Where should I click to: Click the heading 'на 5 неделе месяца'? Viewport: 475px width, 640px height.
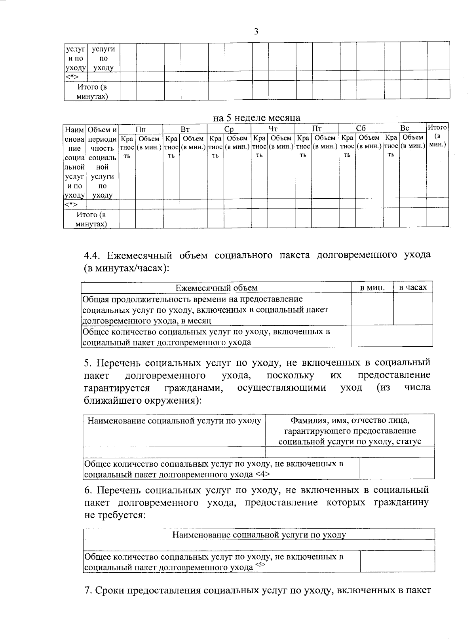point(256,118)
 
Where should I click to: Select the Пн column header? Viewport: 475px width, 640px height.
point(141,129)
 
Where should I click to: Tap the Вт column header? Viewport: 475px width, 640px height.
point(185,129)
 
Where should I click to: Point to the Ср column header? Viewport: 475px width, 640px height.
point(229,129)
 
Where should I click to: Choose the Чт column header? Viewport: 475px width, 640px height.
point(273,129)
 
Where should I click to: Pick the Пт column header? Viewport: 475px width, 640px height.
point(317,129)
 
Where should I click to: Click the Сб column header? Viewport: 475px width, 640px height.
point(361,129)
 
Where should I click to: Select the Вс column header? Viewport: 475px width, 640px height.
point(404,129)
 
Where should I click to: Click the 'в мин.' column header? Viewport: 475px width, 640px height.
point(372,288)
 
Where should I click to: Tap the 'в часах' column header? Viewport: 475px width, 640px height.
point(413,288)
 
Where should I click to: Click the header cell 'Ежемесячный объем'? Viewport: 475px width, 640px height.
point(217,288)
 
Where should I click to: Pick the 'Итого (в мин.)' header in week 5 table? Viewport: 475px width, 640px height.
point(437,136)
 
